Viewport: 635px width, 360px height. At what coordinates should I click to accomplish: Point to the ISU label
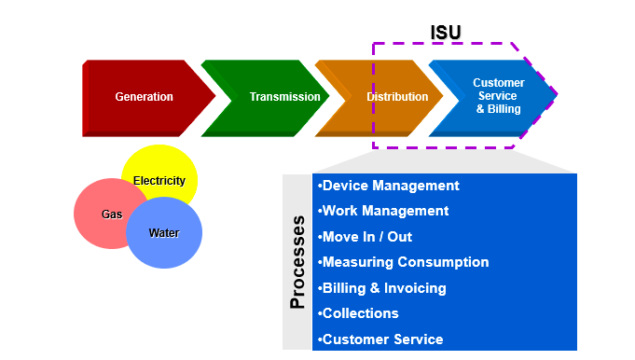pyautogui.click(x=446, y=33)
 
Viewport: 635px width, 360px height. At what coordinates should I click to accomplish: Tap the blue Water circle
pyautogui.click(x=164, y=233)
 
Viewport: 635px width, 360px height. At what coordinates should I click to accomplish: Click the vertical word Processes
pyautogui.click(x=297, y=262)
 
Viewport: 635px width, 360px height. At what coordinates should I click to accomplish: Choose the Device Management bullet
pyautogui.click(x=388, y=186)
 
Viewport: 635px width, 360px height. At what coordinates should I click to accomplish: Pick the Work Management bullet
pyautogui.click(x=383, y=211)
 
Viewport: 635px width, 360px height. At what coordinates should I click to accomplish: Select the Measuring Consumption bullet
pyautogui.click(x=403, y=262)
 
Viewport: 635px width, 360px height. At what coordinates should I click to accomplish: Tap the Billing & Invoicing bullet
pyautogui.click(x=381, y=288)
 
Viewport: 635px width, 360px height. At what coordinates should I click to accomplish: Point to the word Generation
pyautogui.click(x=144, y=97)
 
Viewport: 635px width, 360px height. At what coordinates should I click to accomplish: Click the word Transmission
pyautogui.click(x=284, y=97)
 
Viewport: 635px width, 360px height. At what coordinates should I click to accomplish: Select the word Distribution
pyautogui.click(x=397, y=97)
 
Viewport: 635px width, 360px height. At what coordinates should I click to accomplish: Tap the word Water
pyautogui.click(x=164, y=233)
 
